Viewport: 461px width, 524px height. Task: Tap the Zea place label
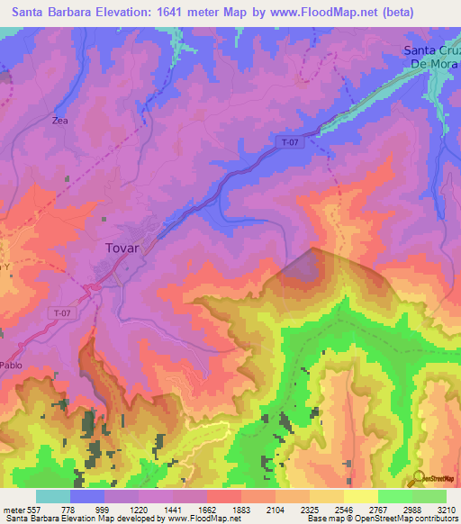(x=60, y=120)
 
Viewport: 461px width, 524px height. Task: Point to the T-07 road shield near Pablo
(x=59, y=311)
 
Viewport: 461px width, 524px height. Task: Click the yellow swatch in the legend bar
(x=360, y=496)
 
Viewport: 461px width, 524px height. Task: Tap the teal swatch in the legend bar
(x=53, y=496)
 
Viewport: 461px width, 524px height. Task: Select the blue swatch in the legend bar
(x=87, y=496)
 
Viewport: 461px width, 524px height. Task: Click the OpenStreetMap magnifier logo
(x=416, y=479)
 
